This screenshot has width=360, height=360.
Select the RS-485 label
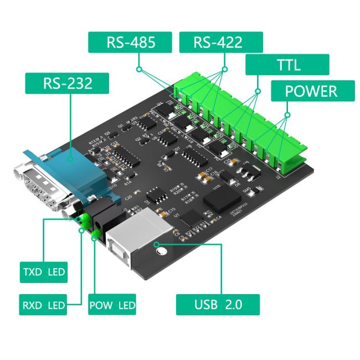pos(131,43)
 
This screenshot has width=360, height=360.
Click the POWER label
pos(311,91)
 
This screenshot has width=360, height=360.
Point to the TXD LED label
pos(42,272)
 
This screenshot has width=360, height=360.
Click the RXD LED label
pos(42,305)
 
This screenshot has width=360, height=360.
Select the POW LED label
pos(112,305)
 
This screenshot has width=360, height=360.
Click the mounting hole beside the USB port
pos(162,252)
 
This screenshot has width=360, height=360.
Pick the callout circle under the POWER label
pos(287,115)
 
